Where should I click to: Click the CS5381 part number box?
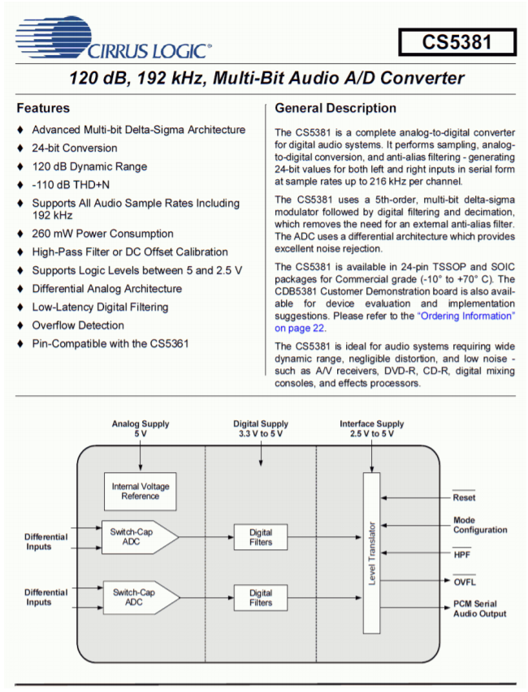457,41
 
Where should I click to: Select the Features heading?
43,108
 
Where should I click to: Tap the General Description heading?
335,108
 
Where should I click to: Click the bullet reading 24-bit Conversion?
74,148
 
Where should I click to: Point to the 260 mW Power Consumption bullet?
102,234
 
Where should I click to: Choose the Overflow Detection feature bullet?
77,325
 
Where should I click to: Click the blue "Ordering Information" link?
465,315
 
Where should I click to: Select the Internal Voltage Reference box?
141,491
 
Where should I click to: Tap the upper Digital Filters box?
261,537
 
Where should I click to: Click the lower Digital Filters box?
261,598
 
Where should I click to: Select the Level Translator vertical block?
371,552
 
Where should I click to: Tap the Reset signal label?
464,497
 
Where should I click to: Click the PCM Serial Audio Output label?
479,608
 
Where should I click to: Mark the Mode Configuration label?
479,525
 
